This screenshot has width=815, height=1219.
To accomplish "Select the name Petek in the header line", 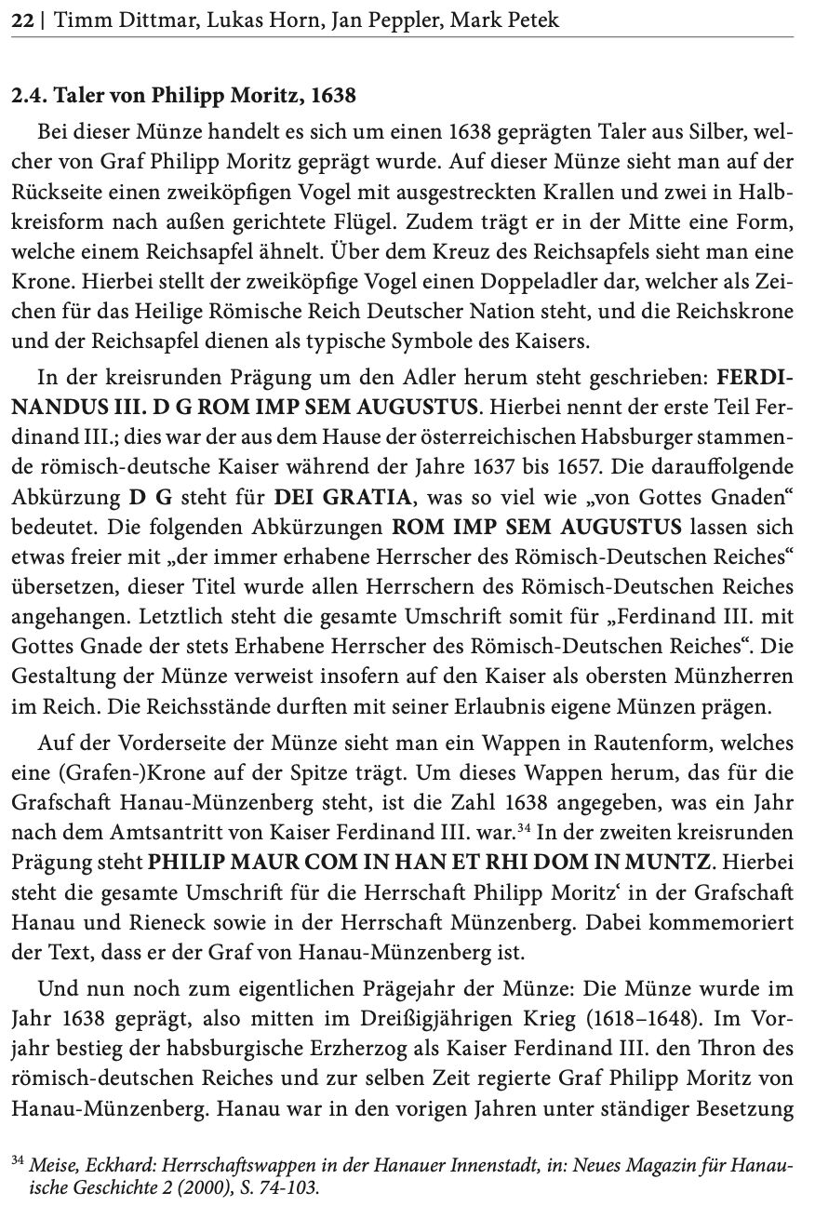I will point(533,19).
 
